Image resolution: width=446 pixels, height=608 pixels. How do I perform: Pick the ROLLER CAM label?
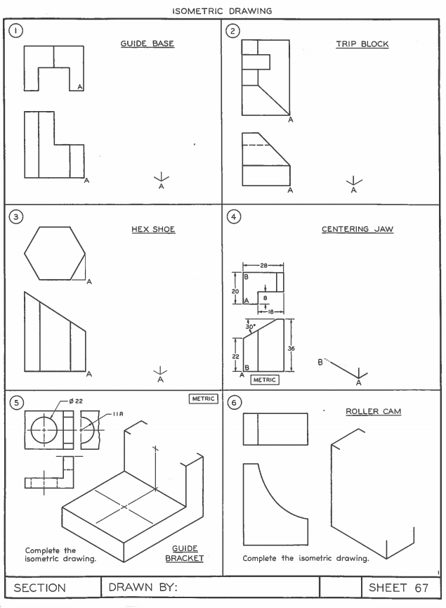[373, 411]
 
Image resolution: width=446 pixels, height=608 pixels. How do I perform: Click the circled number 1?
[12, 32]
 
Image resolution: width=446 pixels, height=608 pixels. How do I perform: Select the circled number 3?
[12, 216]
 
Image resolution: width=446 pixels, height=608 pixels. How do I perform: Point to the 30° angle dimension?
[250, 326]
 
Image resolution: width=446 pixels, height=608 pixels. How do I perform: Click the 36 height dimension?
[300, 347]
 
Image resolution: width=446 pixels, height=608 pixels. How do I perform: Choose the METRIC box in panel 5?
[204, 399]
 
